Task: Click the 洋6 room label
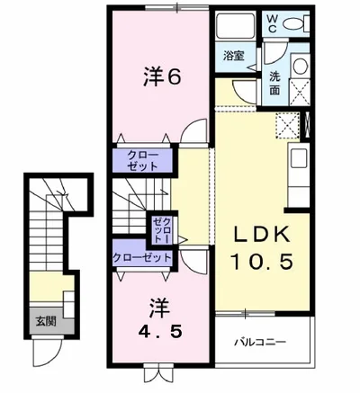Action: (x=163, y=77)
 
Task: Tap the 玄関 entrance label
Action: (x=44, y=319)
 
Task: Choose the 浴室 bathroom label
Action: (x=234, y=54)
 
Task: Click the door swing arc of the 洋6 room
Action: (x=186, y=133)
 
